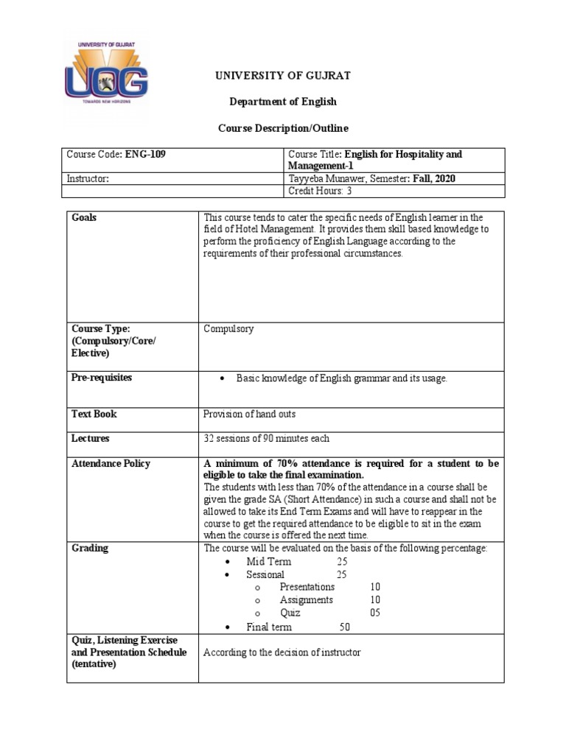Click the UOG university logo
[x=106, y=75]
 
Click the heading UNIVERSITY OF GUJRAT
[x=282, y=76]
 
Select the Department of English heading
[x=282, y=102]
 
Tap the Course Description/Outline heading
[x=282, y=128]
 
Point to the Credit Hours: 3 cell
[x=320, y=191]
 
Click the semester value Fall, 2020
[x=435, y=178]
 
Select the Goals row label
[x=84, y=217]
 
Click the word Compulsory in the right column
[x=228, y=329]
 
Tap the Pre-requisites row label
[x=102, y=378]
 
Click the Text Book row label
[x=94, y=414]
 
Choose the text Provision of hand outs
[x=249, y=414]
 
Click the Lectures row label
[x=90, y=439]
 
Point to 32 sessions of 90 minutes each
[x=267, y=439]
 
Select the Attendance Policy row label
[x=111, y=463]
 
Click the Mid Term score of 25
[x=341, y=562]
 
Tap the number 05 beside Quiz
[x=375, y=613]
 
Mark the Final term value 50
[x=344, y=627]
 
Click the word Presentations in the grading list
[x=307, y=587]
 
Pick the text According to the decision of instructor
[x=282, y=652]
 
